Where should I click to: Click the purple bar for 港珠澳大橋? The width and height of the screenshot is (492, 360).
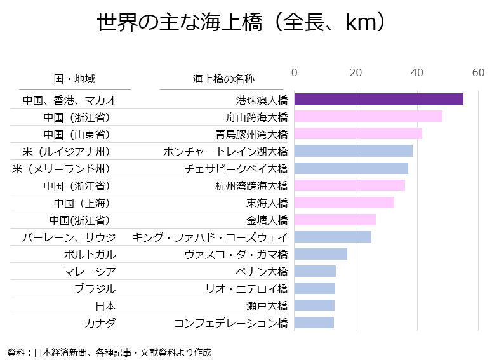(x=378, y=99)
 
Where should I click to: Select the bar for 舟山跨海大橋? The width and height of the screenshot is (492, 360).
(x=368, y=116)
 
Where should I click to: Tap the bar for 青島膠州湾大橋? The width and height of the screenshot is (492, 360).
(x=358, y=133)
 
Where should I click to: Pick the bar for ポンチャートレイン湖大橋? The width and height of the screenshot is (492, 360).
(x=354, y=151)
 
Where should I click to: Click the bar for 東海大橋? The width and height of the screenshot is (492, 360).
(x=344, y=203)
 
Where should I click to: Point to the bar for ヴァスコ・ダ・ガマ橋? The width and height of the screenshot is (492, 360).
(x=321, y=254)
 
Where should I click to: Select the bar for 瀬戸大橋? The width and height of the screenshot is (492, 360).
(x=314, y=305)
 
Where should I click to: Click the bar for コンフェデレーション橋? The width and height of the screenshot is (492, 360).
(x=314, y=323)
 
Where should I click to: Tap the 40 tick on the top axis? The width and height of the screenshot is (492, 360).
(x=417, y=72)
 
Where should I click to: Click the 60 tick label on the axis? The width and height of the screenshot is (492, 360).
(x=478, y=72)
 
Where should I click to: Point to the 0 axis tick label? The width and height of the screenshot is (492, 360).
(x=295, y=72)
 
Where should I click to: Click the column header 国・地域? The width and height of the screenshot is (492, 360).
(x=75, y=79)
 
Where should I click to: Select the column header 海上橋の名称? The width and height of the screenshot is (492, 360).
(x=223, y=79)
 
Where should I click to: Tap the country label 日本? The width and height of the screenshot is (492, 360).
(x=105, y=305)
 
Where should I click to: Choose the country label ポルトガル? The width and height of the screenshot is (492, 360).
(x=90, y=254)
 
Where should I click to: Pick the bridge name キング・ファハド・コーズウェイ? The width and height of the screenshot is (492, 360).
(x=209, y=237)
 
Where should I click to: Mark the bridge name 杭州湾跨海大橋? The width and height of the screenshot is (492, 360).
(x=251, y=185)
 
